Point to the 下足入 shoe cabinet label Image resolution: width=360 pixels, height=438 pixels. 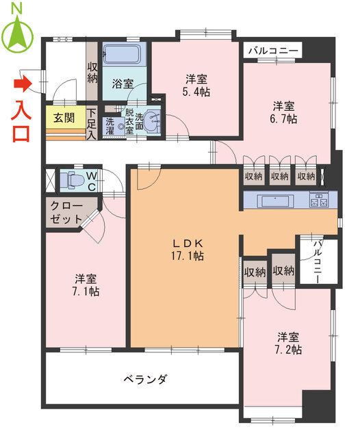coord(92,122)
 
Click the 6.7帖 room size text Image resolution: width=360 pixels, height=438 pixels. coord(284,118)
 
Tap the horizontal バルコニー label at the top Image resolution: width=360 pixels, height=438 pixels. coord(272,51)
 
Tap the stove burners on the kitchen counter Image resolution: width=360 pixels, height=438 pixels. coord(320,201)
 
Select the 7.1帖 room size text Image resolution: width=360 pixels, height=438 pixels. coord(86,285)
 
